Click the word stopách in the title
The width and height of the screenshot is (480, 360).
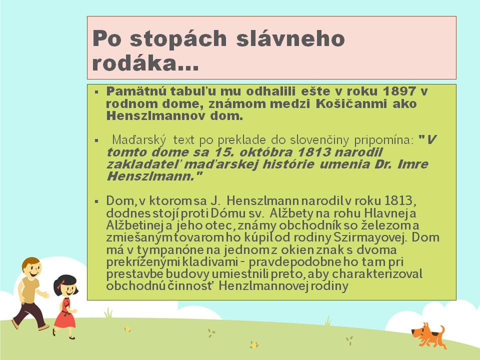[178, 39]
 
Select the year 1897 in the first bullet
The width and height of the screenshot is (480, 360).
[399, 91]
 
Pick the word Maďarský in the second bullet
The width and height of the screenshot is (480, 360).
[139, 140]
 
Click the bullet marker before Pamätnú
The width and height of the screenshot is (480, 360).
[96, 91]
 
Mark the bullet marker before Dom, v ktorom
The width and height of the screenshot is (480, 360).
[96, 201]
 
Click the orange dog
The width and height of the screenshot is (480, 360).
[429, 335]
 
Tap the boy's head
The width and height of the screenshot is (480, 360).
[31, 268]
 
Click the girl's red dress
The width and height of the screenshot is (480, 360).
[65, 314]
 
